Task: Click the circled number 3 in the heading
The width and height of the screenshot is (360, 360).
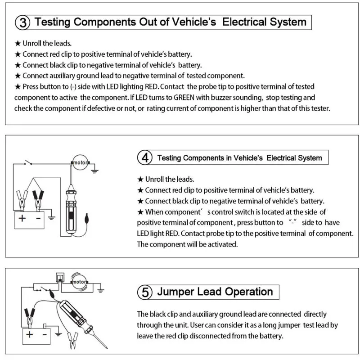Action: point(23,22)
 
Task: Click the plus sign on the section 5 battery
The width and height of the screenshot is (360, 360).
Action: point(29,334)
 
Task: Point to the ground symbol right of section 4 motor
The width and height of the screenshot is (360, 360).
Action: point(94,170)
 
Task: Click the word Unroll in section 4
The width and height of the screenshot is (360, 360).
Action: point(157,179)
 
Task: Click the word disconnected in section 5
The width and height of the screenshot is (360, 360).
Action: point(220,336)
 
